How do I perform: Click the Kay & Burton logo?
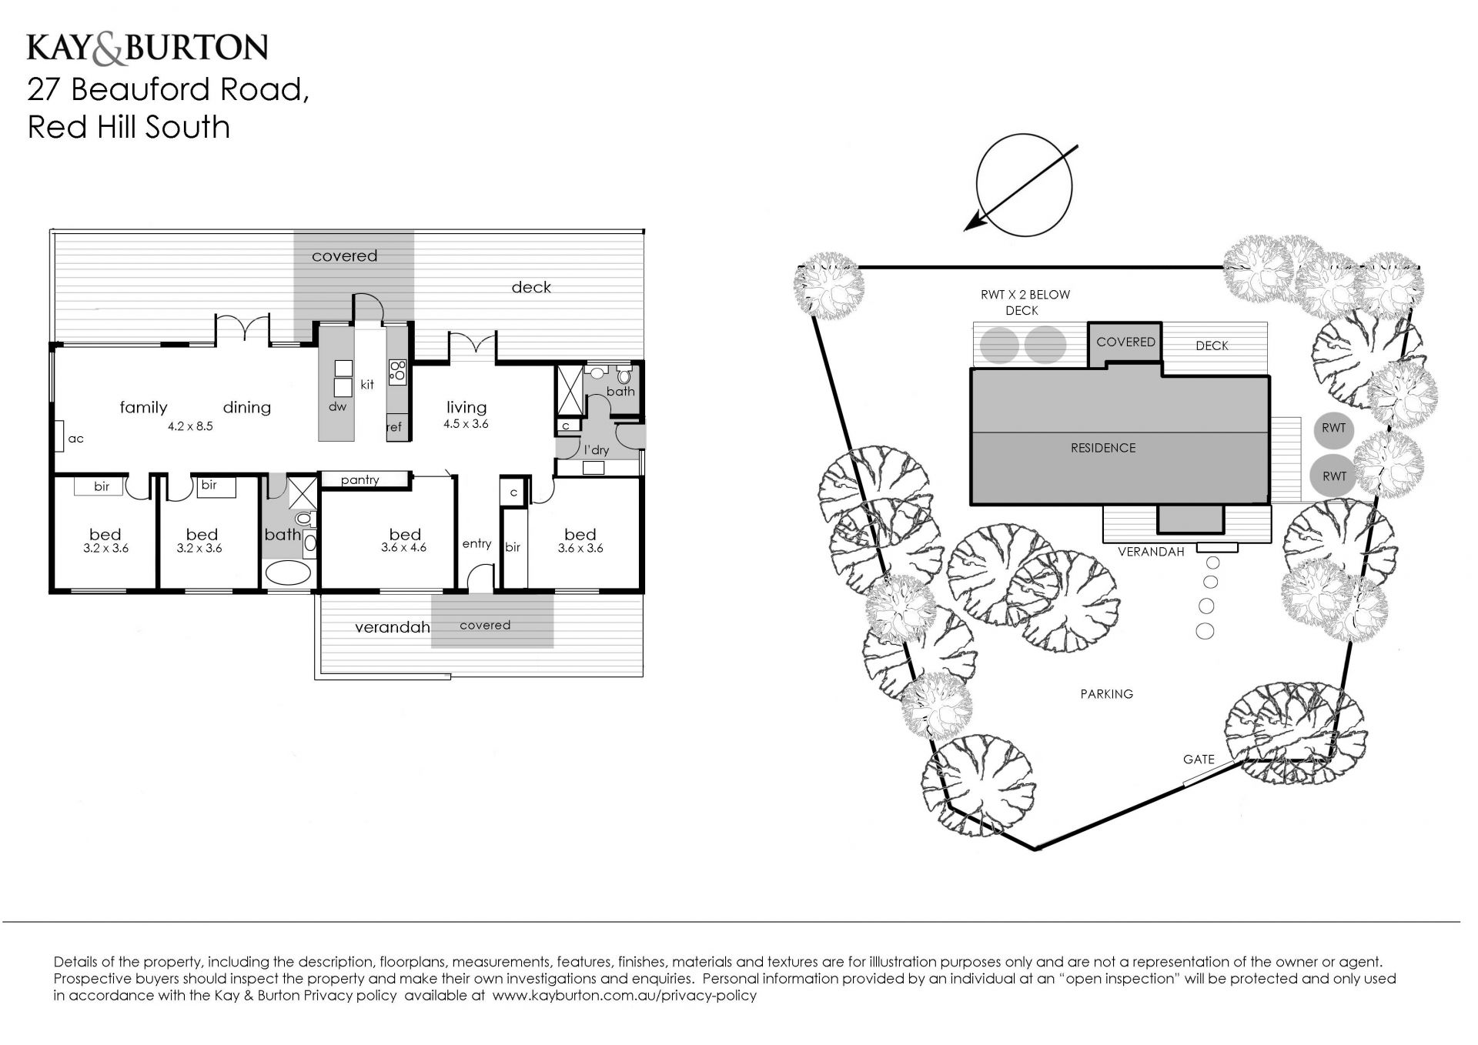(147, 47)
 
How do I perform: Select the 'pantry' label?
(359, 481)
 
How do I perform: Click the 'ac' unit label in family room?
(75, 439)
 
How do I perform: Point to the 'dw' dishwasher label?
(337, 406)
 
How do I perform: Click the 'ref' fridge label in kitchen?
(394, 427)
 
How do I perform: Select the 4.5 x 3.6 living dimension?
(466, 424)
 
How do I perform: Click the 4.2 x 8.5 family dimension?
(190, 426)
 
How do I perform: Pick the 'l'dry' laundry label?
(597, 449)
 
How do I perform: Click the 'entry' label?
(477, 544)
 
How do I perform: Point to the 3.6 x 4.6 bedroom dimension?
(403, 548)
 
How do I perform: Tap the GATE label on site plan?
(1199, 760)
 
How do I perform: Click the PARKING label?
(1107, 694)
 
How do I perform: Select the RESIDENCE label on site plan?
(1103, 448)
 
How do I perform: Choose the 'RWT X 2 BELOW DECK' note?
(1025, 302)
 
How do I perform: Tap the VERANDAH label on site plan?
(1151, 552)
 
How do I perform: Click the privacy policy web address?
(624, 996)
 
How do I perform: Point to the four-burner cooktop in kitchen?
(398, 371)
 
